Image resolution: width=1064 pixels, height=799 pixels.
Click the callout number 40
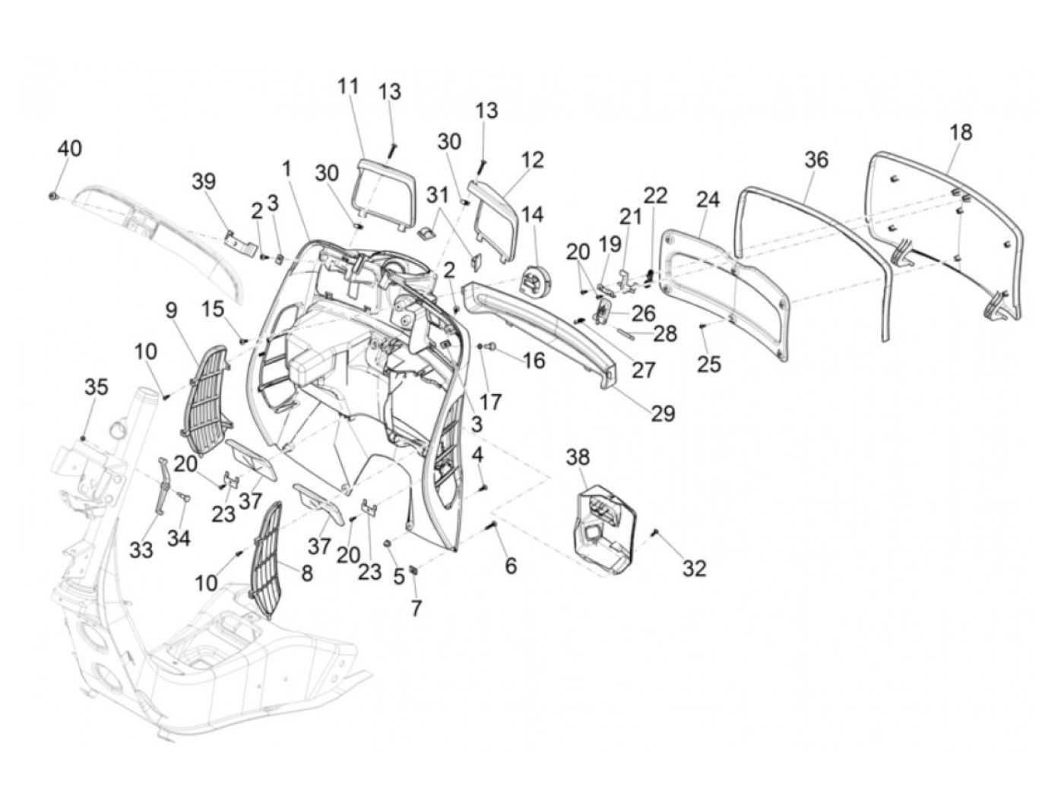[69, 147]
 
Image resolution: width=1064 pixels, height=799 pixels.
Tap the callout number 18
[960, 131]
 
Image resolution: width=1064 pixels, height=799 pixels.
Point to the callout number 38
[577, 457]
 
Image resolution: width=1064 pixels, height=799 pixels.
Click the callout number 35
[96, 387]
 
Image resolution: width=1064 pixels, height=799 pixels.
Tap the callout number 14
[532, 213]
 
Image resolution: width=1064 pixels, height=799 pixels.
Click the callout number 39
[203, 182]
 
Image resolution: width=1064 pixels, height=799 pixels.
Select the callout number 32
[694, 567]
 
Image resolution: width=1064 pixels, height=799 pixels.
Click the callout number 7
[416, 608]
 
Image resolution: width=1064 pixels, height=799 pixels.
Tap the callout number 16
[534, 359]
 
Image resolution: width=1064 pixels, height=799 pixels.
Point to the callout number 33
[141, 549]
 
